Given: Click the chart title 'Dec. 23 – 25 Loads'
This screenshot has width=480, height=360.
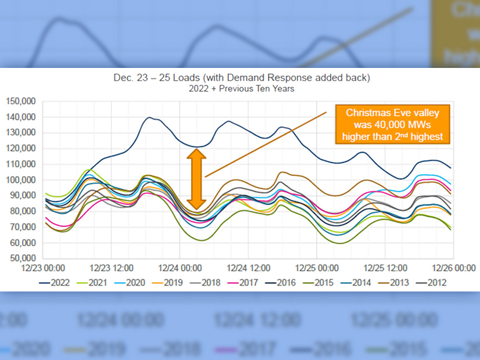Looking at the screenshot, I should pos(239,78).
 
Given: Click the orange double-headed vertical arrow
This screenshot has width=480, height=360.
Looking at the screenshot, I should pos(196,179).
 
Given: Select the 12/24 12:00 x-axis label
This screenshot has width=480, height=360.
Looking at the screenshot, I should pos(249,269).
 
